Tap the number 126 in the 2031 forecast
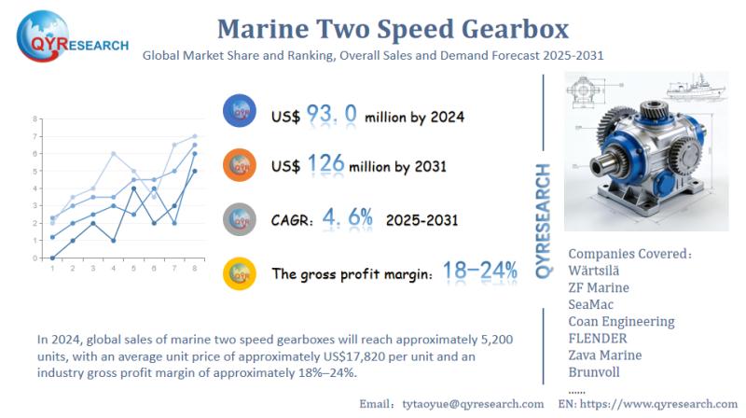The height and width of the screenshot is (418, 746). click(325, 166)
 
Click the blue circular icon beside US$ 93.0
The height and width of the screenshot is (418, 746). click(240, 113)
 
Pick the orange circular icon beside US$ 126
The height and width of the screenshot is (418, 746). click(240, 165)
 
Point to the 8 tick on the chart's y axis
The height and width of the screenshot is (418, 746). click(35, 119)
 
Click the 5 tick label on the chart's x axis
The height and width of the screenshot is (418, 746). click(134, 269)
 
